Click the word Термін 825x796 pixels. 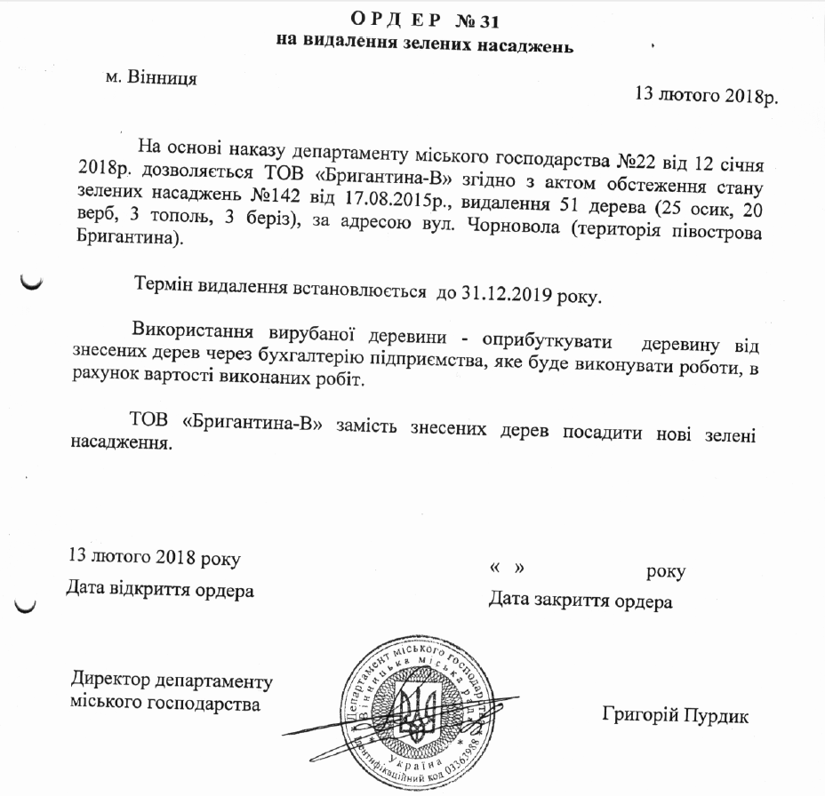(x=162, y=286)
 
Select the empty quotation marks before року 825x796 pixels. (x=504, y=568)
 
